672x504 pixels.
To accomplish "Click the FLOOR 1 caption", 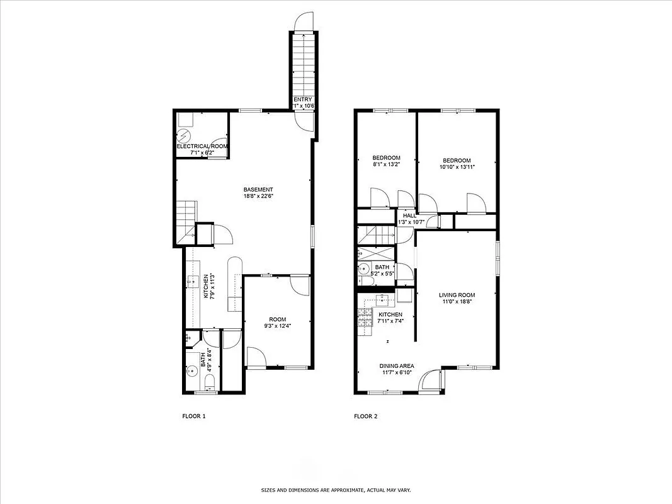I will coord(194,416).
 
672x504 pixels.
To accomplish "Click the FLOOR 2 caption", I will coord(365,416).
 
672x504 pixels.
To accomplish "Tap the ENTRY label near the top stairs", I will coord(303,100).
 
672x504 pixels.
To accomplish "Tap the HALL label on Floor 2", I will coord(410,215).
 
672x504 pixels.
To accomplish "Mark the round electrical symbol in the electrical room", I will coord(183,136).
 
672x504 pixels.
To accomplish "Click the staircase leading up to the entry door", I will coord(302,63).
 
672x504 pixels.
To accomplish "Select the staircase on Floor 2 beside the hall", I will coord(375,236).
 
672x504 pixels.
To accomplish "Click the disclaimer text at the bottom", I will coord(336,490).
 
